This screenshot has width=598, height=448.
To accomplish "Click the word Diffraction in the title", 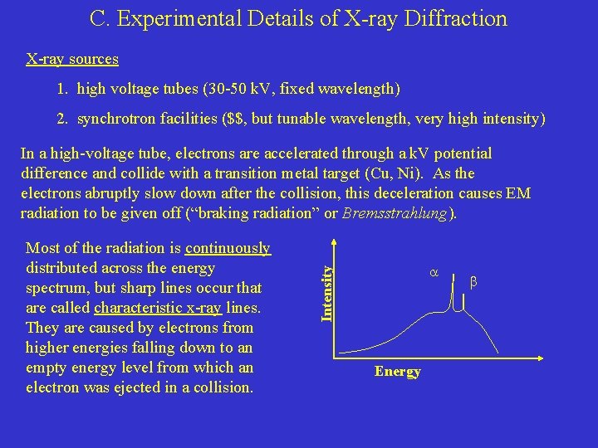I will click(454, 18).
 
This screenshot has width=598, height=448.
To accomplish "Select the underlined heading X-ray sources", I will click(72, 59).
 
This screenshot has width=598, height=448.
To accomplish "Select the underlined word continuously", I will click(228, 248).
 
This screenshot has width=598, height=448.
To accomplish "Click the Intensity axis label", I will click(328, 289).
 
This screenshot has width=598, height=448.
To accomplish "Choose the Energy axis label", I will click(398, 371).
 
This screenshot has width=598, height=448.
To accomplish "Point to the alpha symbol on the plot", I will click(434, 271).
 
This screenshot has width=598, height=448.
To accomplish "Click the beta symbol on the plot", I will click(473, 282).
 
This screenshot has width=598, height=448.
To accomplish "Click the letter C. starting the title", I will click(99, 18).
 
